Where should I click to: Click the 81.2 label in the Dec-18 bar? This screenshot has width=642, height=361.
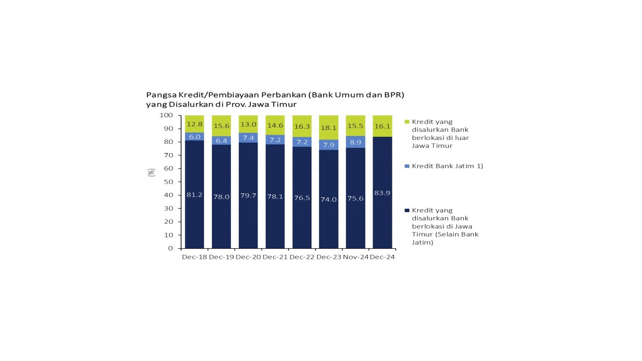pyautogui.click(x=194, y=195)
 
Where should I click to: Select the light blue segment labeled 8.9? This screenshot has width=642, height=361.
pyautogui.click(x=355, y=142)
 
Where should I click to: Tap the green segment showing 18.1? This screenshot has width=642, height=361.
pyautogui.click(x=329, y=128)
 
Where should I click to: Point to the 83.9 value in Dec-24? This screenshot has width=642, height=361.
pyautogui.click(x=382, y=193)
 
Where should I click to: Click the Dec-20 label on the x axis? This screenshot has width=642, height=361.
pyautogui.click(x=248, y=257)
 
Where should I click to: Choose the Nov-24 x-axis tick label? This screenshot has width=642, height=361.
pyautogui.click(x=355, y=257)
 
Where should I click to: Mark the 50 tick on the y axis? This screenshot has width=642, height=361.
pyautogui.click(x=169, y=182)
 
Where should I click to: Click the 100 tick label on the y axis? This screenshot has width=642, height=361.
pyautogui.click(x=166, y=115)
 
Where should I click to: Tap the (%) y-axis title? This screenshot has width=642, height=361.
pyautogui.click(x=151, y=172)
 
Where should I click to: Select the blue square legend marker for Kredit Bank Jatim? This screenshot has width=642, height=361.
pyautogui.click(x=407, y=166)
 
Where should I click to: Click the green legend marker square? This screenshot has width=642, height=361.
pyautogui.click(x=407, y=122)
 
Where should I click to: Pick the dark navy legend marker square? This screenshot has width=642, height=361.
pyautogui.click(x=407, y=211)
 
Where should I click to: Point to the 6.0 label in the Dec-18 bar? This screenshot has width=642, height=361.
pyautogui.click(x=194, y=137)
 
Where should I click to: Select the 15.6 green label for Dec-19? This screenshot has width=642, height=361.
pyautogui.click(x=222, y=126)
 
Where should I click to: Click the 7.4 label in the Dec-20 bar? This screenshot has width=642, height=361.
pyautogui.click(x=248, y=138)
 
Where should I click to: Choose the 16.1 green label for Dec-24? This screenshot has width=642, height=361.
pyautogui.click(x=382, y=126)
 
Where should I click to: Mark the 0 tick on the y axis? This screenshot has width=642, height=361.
pyautogui.click(x=171, y=248)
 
